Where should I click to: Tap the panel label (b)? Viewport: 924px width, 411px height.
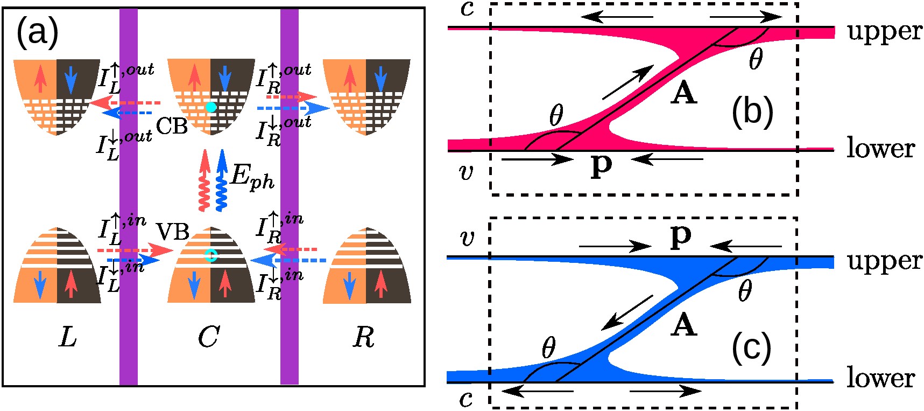752,113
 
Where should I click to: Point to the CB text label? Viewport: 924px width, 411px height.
172,126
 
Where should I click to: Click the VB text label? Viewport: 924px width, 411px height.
173,232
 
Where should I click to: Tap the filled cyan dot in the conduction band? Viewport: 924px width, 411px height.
211,107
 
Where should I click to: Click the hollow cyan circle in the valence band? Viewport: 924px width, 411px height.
210,256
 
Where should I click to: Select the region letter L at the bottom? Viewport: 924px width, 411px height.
68,337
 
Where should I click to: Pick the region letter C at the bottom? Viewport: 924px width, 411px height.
209,337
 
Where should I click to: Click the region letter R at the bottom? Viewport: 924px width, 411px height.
364,337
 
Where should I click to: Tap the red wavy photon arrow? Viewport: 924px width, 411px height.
204,180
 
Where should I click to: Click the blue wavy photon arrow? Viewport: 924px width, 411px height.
221,180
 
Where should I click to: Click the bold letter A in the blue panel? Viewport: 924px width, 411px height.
683,325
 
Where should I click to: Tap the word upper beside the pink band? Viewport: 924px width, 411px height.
884,31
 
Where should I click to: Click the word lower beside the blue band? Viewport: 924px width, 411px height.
880,378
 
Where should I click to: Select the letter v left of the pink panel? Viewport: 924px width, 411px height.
467,172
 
